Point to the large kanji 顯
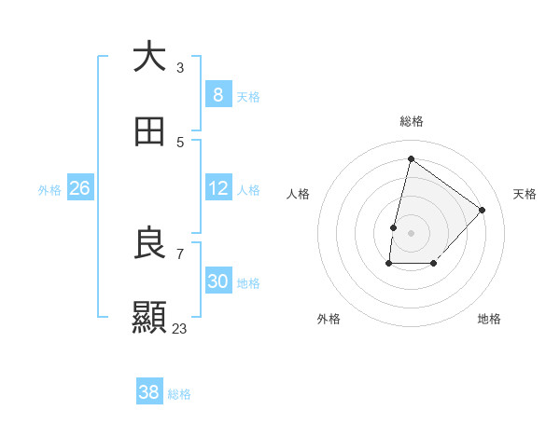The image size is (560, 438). tap(149, 317)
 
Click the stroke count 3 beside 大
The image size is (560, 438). tap(180, 67)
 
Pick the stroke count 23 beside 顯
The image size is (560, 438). tap(179, 328)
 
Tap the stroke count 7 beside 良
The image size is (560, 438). tap(180, 253)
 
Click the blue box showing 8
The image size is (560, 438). tap(217, 94)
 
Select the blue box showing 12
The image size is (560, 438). tap(218, 188)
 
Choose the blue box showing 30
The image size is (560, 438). tap(218, 281)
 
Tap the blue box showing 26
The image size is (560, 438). tap(79, 188)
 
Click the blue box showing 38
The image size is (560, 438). tap(149, 392)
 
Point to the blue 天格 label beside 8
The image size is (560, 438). tap(248, 96)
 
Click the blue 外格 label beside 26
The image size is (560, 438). tap(49, 190)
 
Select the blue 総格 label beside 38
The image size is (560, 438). tap(179, 394)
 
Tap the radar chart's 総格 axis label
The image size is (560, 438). tap(411, 121)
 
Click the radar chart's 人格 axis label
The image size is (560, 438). tap(299, 194)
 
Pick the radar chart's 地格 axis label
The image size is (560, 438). tap(489, 319)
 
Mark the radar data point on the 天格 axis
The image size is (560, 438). tap(483, 210)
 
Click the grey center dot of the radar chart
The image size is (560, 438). tap(411, 232)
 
